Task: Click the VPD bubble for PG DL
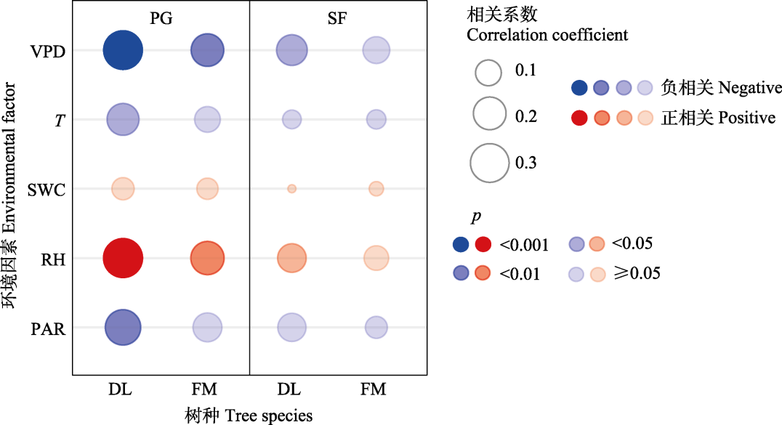tap(123, 50)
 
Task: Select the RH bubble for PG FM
tap(207, 259)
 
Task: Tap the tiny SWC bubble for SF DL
tap(291, 189)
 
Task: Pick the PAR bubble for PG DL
tap(123, 328)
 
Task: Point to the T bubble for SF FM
tap(376, 119)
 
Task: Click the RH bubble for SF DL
tap(291, 259)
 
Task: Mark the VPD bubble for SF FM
tap(376, 50)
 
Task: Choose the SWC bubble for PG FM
tap(207, 189)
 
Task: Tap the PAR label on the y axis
tap(48, 329)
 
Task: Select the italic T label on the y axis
tap(58, 121)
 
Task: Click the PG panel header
tap(161, 20)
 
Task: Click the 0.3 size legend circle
tap(489, 162)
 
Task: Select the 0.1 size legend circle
tap(489, 71)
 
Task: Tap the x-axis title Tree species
tap(249, 416)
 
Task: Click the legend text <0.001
tap(524, 244)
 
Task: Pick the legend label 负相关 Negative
tap(721, 88)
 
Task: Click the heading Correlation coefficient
tap(547, 34)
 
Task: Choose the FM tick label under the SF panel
tap(373, 389)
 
